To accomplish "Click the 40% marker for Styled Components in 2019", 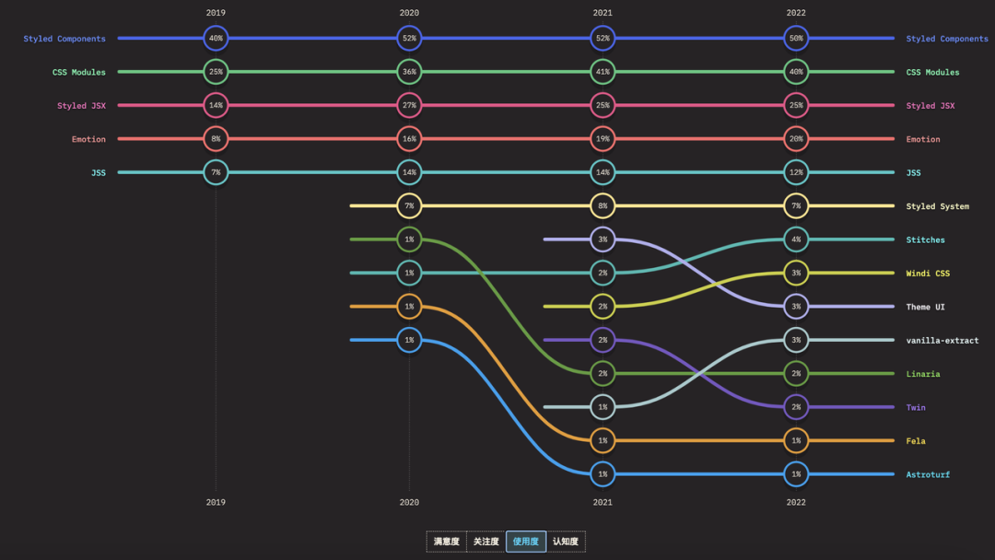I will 216,39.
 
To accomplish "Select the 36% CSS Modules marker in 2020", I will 409,72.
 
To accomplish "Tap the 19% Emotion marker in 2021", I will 603,139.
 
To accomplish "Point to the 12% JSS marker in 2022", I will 796,172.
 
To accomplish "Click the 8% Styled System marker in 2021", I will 603,206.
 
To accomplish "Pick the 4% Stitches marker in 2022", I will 796,239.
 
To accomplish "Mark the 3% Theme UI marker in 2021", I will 603,239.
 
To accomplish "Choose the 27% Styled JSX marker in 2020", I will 409,106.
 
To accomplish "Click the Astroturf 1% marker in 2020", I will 409,340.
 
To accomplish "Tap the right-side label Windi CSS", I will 928,274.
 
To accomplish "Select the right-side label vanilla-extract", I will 942,341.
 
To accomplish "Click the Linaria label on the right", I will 922,374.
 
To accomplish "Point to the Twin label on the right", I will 916,407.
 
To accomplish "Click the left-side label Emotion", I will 88,139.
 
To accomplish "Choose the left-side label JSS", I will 98,172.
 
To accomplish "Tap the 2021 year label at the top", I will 603,13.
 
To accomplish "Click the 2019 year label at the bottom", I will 216,502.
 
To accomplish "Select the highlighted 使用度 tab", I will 526,542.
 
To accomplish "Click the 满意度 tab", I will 447,542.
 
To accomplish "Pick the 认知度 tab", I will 566,542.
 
